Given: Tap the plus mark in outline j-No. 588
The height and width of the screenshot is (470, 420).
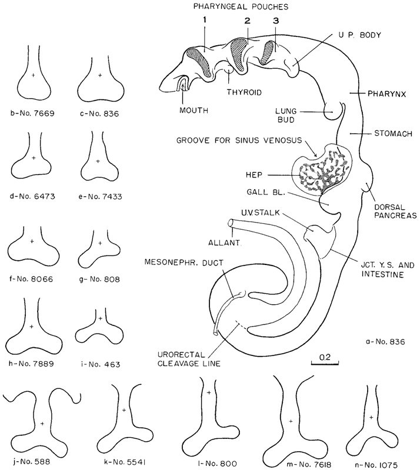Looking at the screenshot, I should pyautogui.click(x=42, y=423).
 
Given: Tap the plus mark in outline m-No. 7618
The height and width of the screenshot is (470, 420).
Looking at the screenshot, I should pyautogui.click(x=291, y=421).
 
